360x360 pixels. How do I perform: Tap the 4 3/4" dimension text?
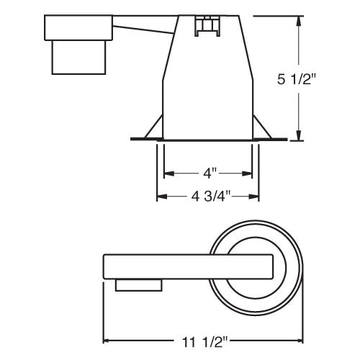click(x=209, y=195)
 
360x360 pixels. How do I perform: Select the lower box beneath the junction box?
click(x=79, y=59)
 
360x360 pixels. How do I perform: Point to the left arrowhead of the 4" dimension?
click(x=168, y=174)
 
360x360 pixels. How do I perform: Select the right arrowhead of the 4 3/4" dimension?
click(x=257, y=196)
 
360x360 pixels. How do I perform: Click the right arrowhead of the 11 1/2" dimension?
click(x=301, y=341)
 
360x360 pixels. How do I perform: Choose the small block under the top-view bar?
click(x=137, y=286)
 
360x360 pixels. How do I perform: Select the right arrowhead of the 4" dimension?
click(x=249, y=174)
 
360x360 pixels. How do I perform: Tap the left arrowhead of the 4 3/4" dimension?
click(x=161, y=196)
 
